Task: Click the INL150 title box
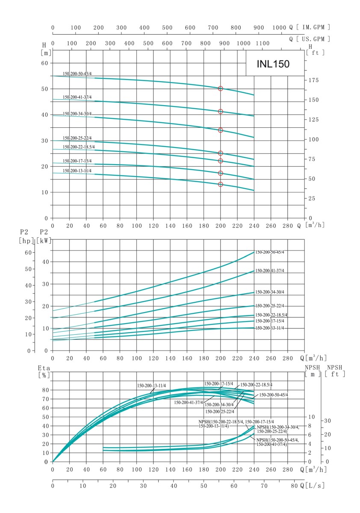[x=274, y=64]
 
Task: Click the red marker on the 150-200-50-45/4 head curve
[x=221, y=88]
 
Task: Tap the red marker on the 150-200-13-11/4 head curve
[x=221, y=184]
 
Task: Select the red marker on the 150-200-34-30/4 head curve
[x=221, y=130]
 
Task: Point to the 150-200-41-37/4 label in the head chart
[x=77, y=97]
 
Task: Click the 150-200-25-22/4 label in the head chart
[x=77, y=138]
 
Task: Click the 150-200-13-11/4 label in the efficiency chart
[x=151, y=386]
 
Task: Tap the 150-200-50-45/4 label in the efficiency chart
[x=274, y=395]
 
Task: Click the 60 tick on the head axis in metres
[x=44, y=63]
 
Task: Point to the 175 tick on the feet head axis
[x=313, y=80]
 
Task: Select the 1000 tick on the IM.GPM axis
[x=279, y=28]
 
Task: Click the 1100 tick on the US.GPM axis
[x=262, y=43]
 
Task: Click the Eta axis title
[x=44, y=367]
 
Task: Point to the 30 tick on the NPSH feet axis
[x=327, y=421]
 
